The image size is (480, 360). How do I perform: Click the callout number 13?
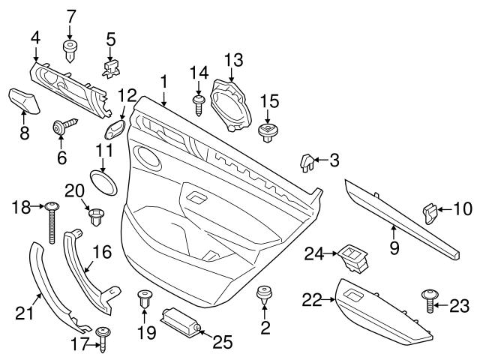[234, 59]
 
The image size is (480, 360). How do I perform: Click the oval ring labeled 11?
[103, 181]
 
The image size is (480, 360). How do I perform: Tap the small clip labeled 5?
[110, 69]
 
